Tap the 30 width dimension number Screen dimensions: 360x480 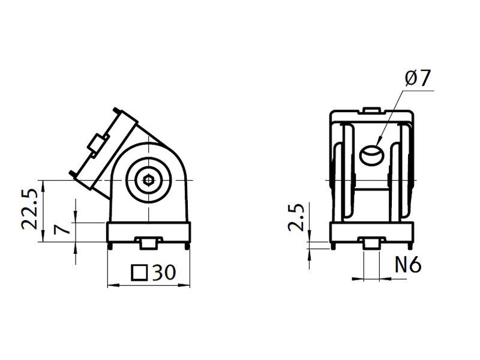(163, 273)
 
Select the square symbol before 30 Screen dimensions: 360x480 (139, 273)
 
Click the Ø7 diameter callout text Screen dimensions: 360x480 (418, 79)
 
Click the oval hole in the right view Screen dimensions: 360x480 (372, 155)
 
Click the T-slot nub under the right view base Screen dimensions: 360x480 (372, 242)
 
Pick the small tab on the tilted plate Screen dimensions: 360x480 (96, 144)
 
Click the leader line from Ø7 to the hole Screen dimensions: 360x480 (393, 117)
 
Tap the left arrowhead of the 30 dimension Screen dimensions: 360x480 (112, 286)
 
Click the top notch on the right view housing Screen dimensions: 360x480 (372, 110)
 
